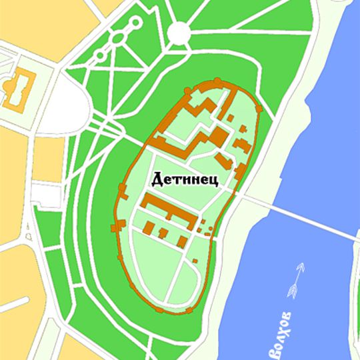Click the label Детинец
pos(185,179)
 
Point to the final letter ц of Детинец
pos(213,180)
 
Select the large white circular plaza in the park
pos(179,32)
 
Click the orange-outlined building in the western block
pos(18,89)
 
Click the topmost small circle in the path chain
pos(136,22)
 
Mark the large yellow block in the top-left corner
pos(40,20)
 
